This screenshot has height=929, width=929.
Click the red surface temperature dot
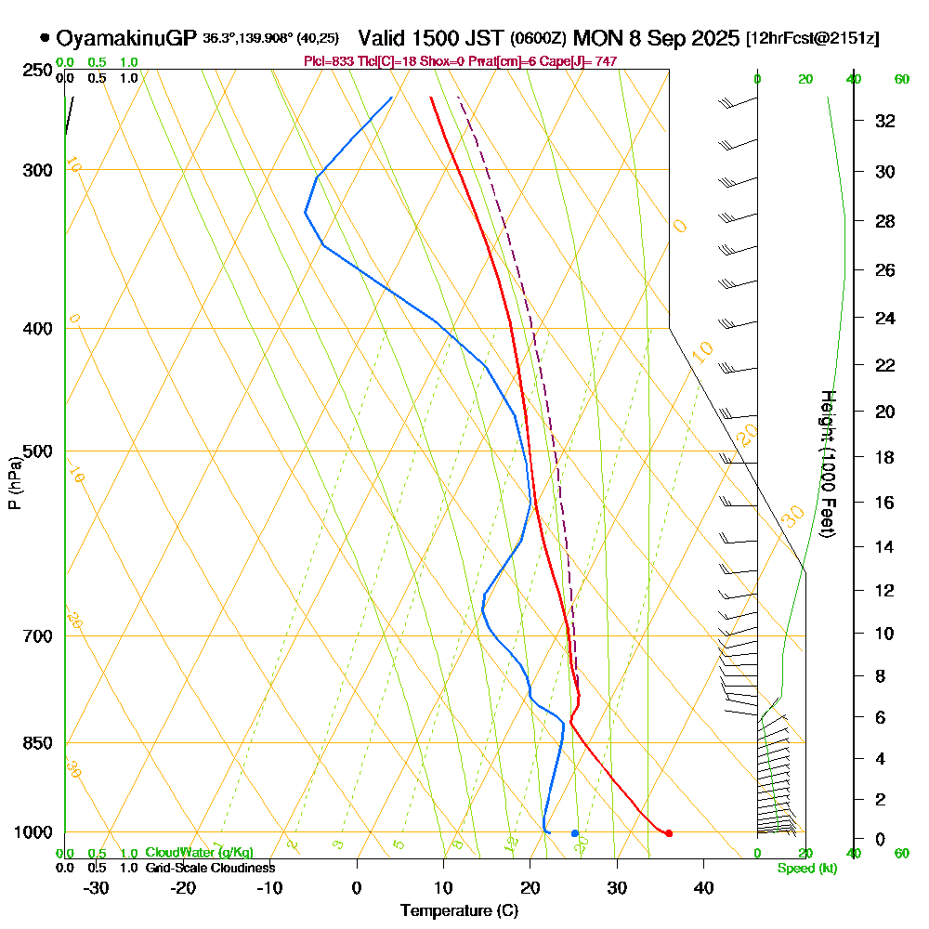(669, 832)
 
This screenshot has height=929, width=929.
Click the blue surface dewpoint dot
(575, 832)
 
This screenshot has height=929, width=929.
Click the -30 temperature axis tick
(97, 887)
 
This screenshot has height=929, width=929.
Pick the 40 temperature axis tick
(703, 887)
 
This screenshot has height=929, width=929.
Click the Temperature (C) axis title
(459, 911)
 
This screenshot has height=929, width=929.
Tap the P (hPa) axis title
(14, 482)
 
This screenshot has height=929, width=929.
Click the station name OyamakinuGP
(126, 38)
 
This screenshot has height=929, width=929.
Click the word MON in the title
(596, 38)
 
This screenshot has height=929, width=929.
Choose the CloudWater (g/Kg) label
(199, 853)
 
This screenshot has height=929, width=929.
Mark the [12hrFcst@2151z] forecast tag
(812, 39)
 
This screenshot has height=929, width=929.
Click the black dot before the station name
(45, 38)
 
